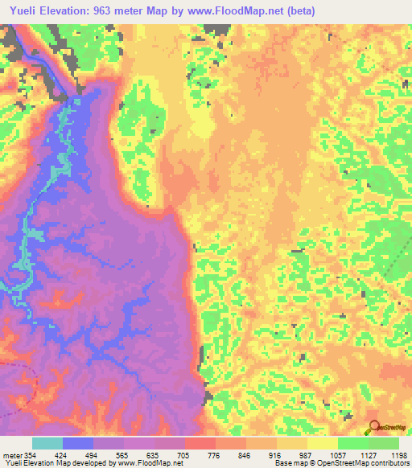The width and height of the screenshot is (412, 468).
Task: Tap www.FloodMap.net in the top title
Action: click(x=239, y=10)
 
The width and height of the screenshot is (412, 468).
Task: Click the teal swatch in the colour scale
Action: click(x=47, y=444)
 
